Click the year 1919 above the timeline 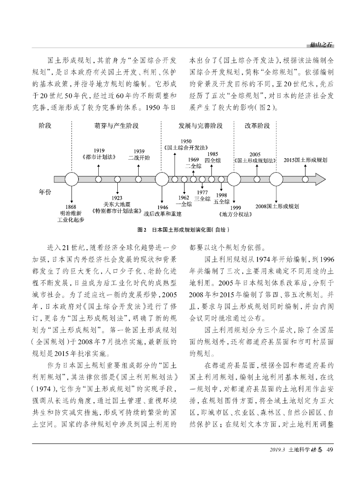99,151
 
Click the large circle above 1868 71,180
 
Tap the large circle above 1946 162,180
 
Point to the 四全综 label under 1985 213,161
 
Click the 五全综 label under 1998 221,201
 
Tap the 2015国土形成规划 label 305,160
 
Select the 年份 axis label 45,192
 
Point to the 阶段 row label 45,126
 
